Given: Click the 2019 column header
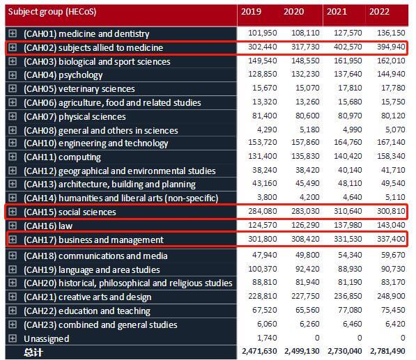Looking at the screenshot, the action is click(x=251, y=12).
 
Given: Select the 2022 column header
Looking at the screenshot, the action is click(x=379, y=12).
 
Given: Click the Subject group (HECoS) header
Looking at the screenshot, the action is click(x=52, y=12).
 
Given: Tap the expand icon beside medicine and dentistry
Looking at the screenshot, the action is click(x=13, y=33).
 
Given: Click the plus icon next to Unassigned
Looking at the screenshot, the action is click(x=13, y=338).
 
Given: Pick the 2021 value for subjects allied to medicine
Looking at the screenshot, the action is click(x=348, y=47).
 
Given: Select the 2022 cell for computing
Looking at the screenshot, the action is click(x=391, y=156).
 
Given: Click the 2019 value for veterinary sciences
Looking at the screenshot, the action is click(x=265, y=88).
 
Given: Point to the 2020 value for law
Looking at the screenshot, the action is click(x=305, y=225).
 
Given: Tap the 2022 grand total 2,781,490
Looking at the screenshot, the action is click(x=387, y=351).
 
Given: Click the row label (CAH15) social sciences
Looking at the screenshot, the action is click(x=70, y=212).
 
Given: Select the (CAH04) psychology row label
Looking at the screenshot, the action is click(x=63, y=75).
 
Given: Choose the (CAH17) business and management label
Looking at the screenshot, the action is click(x=93, y=240).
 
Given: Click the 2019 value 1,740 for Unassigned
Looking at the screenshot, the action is click(x=267, y=338).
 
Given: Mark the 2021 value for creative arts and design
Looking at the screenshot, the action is click(x=348, y=296).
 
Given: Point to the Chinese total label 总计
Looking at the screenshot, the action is click(x=33, y=352).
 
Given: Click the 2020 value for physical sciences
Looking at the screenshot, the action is click(x=307, y=116).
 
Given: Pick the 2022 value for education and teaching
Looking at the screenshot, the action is click(x=393, y=310).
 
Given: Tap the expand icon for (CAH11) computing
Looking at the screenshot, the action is click(x=13, y=157).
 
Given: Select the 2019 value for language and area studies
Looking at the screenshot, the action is click(x=263, y=269).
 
